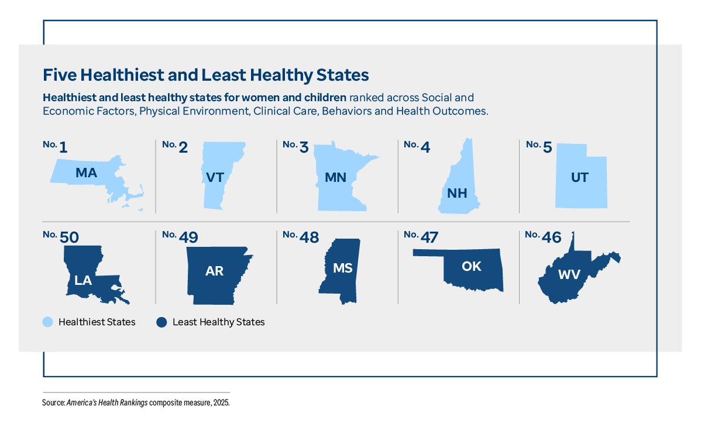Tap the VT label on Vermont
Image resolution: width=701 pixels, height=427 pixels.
point(215,177)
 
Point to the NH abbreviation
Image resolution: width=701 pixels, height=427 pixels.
point(457,194)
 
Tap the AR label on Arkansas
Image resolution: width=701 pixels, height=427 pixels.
point(214,271)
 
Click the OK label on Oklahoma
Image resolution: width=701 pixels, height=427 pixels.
point(471,266)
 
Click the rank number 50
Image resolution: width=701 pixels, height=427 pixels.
point(69,237)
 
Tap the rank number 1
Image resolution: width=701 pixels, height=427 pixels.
point(63,147)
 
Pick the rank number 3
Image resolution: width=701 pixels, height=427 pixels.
point(304,147)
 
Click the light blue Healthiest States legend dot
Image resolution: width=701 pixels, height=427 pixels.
point(48,322)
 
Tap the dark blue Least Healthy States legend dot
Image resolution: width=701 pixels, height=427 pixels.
point(161,322)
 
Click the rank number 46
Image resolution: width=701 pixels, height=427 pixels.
point(552,237)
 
